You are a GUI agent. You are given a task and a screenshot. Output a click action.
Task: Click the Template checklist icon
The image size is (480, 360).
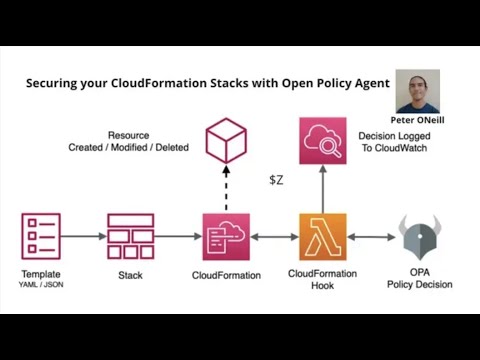tap(41, 237)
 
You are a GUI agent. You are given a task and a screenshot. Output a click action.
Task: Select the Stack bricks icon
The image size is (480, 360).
tap(130, 237)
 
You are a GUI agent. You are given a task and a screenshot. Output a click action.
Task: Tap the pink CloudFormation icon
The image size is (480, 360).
tap(226, 237)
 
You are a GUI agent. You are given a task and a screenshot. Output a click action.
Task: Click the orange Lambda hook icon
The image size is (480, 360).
tap(322, 237)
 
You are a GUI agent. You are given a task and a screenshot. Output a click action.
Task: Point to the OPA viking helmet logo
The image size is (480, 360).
tap(420, 238)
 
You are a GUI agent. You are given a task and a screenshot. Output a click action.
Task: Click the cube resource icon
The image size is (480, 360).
tap(226, 139)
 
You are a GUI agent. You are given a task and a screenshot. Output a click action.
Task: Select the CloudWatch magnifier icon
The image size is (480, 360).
tap(322, 139)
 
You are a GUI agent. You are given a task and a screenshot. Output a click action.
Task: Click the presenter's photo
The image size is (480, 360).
tap(418, 91)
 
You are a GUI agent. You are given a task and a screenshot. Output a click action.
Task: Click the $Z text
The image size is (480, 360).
tap(277, 180)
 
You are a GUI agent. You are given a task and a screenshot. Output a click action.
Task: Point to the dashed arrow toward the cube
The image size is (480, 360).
tap(226, 188)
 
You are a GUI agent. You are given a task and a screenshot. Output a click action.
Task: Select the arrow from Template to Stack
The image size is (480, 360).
tap(83, 237)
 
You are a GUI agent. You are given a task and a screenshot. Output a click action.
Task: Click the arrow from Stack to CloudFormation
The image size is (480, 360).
tap(178, 237)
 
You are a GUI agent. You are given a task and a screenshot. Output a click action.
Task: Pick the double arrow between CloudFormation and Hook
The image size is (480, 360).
tap(274, 237)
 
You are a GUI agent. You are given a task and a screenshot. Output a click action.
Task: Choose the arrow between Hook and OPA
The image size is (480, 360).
tap(371, 237)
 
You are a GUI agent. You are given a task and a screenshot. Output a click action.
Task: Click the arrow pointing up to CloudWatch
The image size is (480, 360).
tap(322, 188)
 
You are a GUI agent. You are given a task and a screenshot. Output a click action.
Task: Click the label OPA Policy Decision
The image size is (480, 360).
tap(420, 278)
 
